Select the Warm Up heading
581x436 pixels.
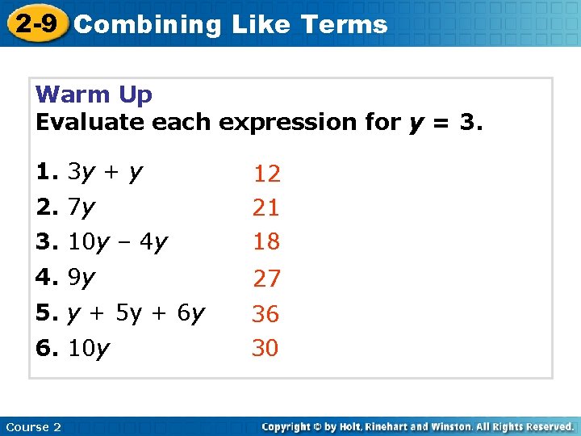pos(94,95)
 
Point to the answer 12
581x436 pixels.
pos(266,174)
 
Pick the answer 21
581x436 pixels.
pos(265,208)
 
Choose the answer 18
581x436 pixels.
pos(265,241)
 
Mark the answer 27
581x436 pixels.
pos(266,279)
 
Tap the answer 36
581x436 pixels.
pos(265,314)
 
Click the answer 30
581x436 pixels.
pos(265,348)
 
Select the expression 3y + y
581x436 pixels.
pos(106,172)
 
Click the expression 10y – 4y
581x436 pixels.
pos(118,241)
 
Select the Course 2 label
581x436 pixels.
pos(33,426)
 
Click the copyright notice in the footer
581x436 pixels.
pos(417,426)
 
